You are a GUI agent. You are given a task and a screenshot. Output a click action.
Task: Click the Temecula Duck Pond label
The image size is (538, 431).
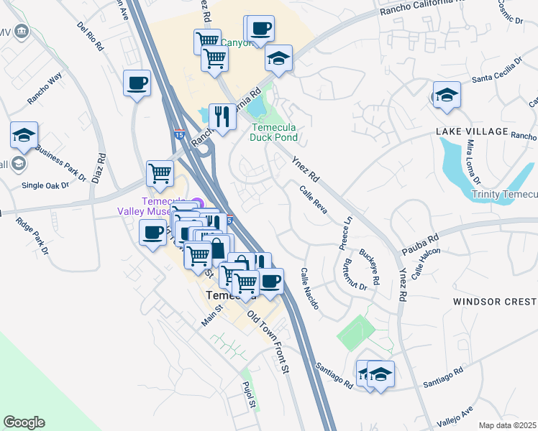tap(274, 132)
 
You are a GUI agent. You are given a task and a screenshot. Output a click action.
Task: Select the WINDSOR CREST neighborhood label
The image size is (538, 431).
tap(495, 302)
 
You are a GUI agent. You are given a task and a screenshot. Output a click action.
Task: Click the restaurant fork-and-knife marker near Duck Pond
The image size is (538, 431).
tap(223, 116)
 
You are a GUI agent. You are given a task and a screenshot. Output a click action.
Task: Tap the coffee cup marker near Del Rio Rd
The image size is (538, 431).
tap(137, 84)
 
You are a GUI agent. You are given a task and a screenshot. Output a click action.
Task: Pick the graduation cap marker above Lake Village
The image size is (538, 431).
tap(447, 95)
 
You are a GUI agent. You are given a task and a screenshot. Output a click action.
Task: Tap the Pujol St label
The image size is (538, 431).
tap(250, 394)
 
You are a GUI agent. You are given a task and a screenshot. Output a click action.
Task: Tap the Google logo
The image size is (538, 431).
tap(24, 422)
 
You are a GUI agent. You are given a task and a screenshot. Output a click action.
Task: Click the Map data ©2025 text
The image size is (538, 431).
tap(508, 425)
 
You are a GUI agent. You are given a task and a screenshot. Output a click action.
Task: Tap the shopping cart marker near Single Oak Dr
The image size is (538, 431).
tap(160, 172)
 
